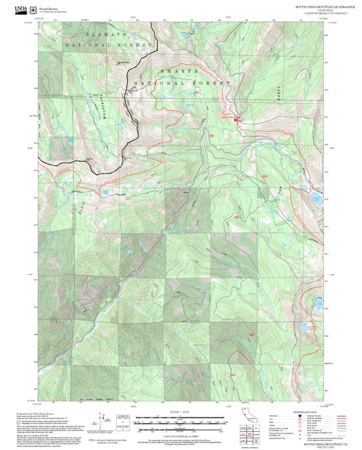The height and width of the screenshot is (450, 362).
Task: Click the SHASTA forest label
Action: pyautogui.click(x=179, y=71)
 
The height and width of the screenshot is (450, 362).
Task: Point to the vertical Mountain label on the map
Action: pyautogui.click(x=101, y=107)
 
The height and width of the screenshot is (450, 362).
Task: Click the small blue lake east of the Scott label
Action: pyautogui.click(x=106, y=192)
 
